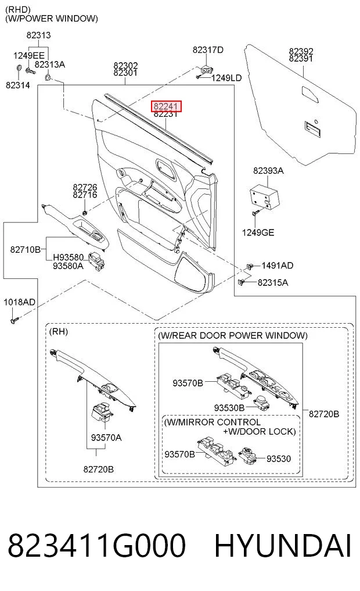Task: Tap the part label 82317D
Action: pos(208,50)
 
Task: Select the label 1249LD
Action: pos(226,78)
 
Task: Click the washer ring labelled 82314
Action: pos(19,68)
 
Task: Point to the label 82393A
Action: pos(268,171)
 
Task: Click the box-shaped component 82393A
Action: pos(264,196)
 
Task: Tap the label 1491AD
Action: pos(277,266)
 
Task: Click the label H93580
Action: pos(68,257)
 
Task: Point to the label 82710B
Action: pos(25,249)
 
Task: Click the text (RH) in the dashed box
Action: pos(59,332)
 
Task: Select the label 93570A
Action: pos(106,438)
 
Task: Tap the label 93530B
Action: pos(229,408)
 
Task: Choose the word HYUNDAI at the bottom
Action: pos(283,546)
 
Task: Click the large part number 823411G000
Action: pos(97,546)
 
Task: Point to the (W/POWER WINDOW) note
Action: pos(52,19)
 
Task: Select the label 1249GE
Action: pos(258,232)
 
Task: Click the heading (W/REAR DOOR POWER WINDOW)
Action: pos(233,336)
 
